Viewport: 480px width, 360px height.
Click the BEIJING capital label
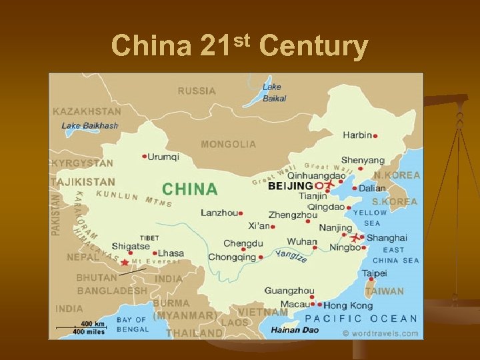[290, 186]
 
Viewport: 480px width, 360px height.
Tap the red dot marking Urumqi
[145, 157]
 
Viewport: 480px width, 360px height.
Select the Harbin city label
[357, 135]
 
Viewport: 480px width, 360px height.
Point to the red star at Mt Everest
[125, 263]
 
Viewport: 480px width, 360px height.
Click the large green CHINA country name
[190, 189]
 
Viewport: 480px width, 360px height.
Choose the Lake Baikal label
[273, 93]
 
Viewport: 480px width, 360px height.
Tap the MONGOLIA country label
[228, 144]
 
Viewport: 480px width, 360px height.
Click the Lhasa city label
[171, 253]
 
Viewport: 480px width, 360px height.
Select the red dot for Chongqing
[261, 257]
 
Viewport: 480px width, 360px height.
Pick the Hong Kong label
[348, 305]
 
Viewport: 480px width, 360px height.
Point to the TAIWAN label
[385, 291]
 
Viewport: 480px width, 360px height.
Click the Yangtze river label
[291, 255]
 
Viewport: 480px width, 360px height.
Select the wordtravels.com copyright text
[381, 333]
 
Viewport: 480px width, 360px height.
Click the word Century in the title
[313, 46]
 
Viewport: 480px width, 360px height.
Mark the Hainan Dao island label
[295, 329]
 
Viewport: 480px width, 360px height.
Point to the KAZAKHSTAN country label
[87, 111]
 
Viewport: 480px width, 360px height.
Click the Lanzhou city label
[219, 213]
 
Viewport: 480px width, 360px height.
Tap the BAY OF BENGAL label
[132, 325]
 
